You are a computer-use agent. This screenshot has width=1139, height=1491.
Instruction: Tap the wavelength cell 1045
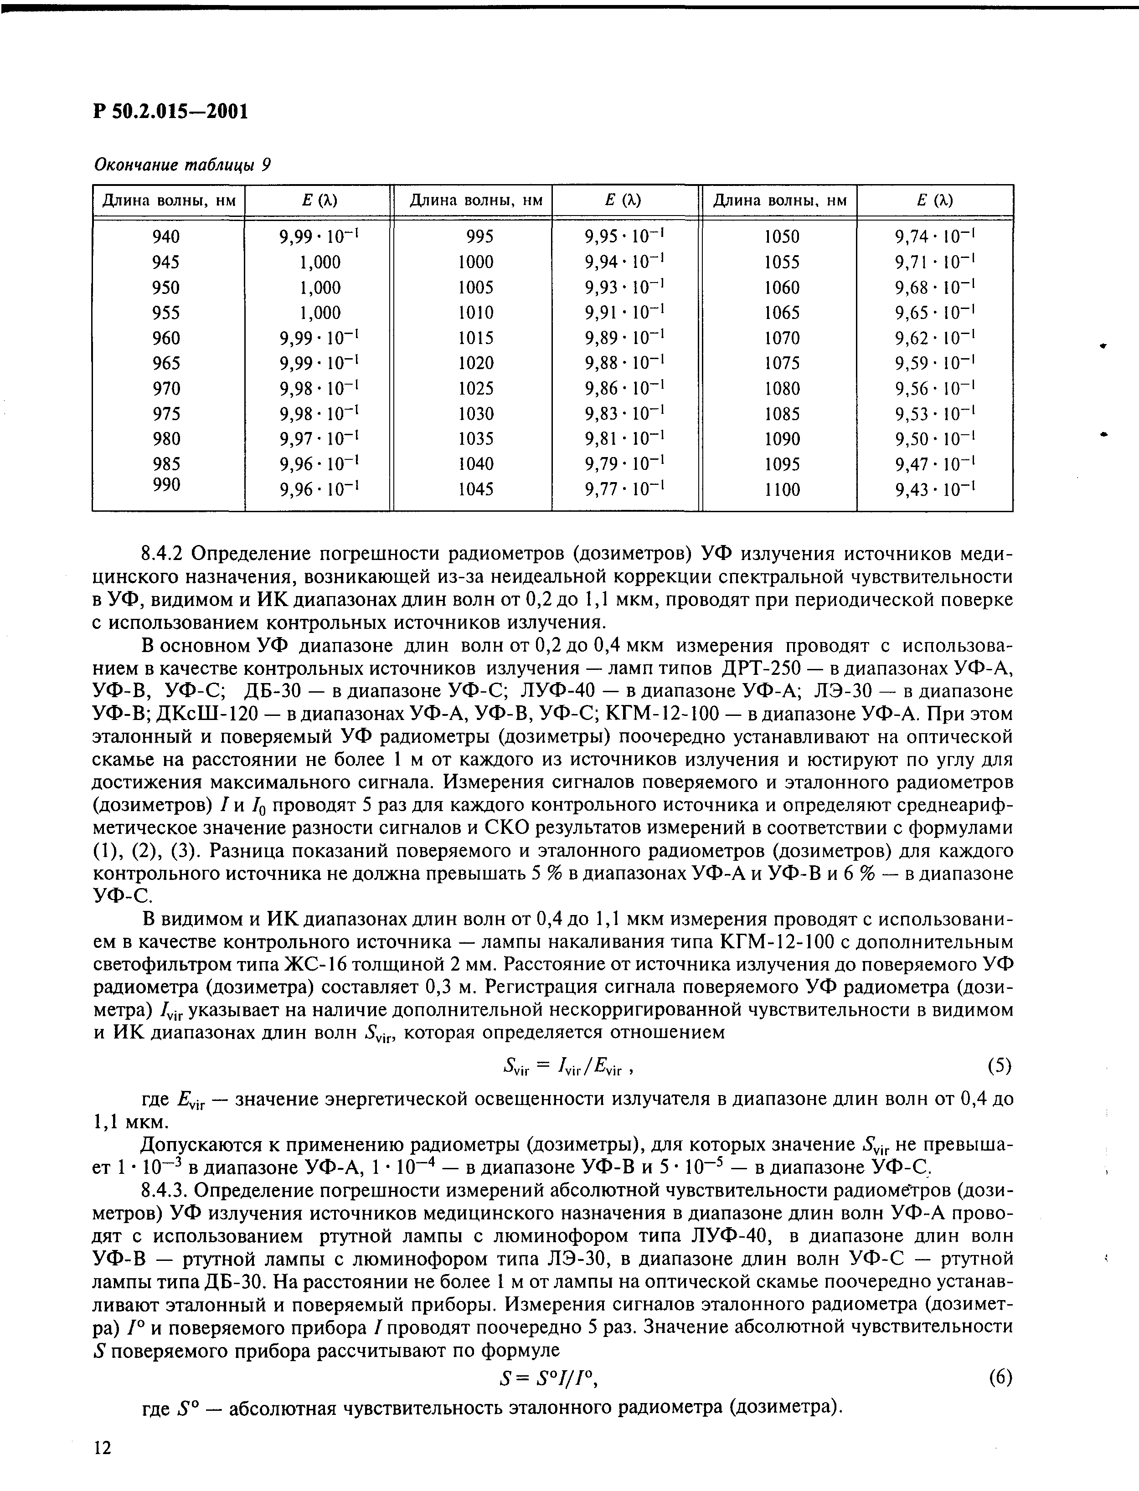click(475, 489)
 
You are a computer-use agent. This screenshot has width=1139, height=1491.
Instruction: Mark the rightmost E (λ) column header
click(934, 201)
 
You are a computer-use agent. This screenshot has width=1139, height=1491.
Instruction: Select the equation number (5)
click(999, 1066)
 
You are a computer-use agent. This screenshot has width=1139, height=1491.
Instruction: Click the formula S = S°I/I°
click(549, 1378)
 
